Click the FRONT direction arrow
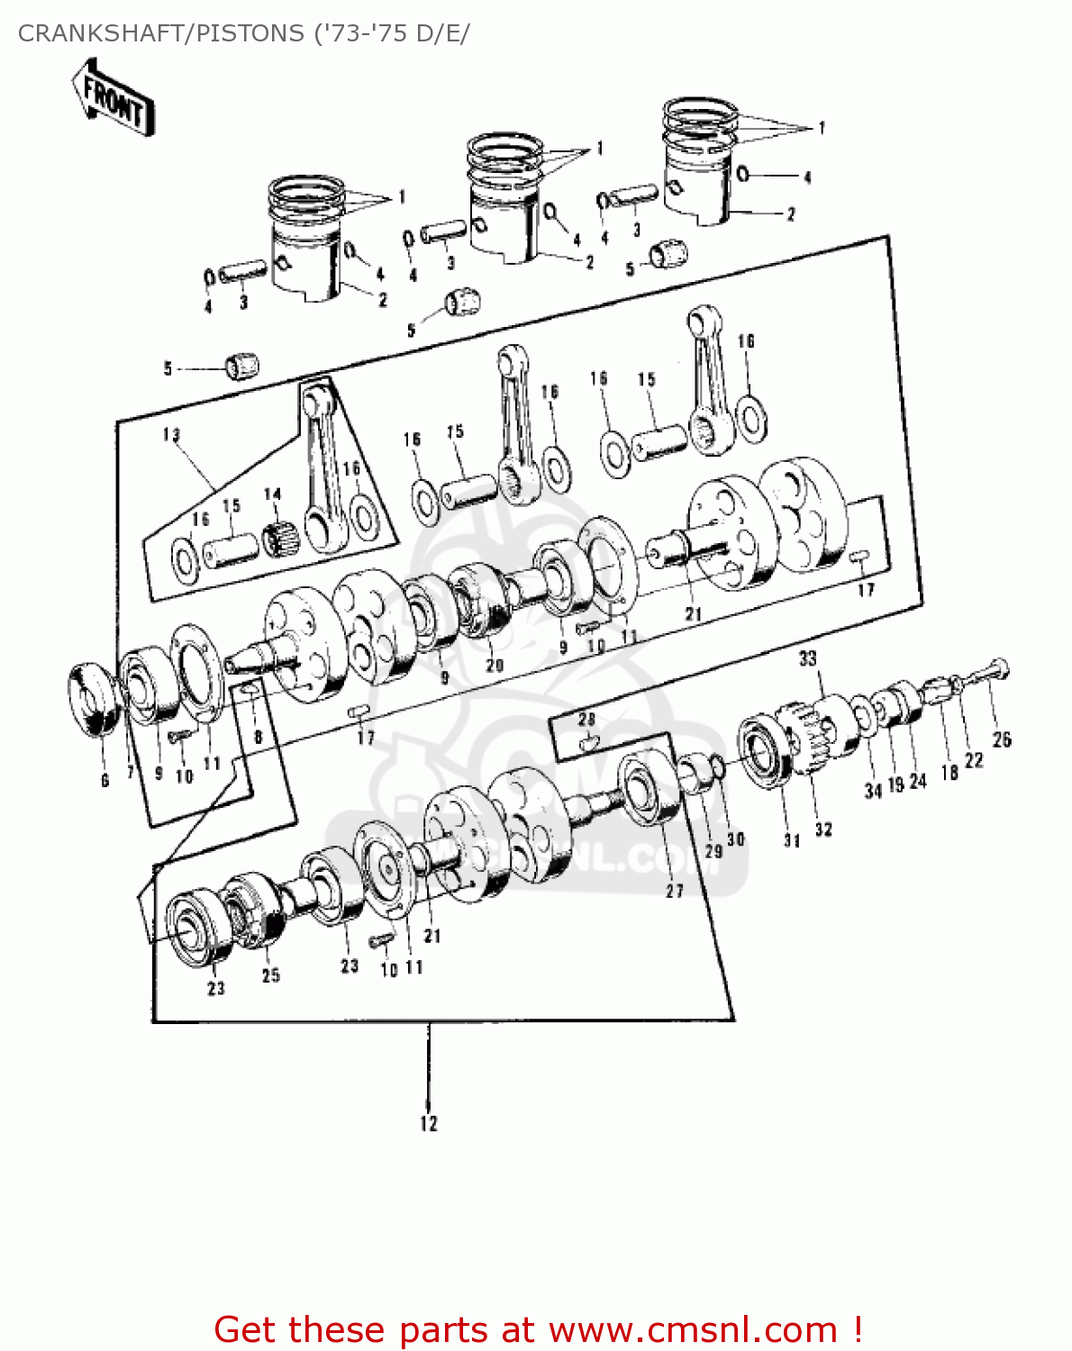(x=113, y=97)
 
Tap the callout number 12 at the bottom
(x=429, y=1123)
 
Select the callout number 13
(x=171, y=435)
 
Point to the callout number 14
(x=273, y=494)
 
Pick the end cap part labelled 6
(x=94, y=701)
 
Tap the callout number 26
(x=1002, y=739)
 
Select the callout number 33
(x=808, y=658)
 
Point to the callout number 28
(x=586, y=719)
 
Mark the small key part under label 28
(x=588, y=743)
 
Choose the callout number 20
(x=495, y=666)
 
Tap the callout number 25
(x=271, y=975)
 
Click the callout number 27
(x=675, y=891)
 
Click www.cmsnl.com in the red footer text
(x=694, y=1329)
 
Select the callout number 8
(x=259, y=737)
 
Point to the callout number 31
(x=792, y=840)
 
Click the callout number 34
(x=872, y=791)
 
